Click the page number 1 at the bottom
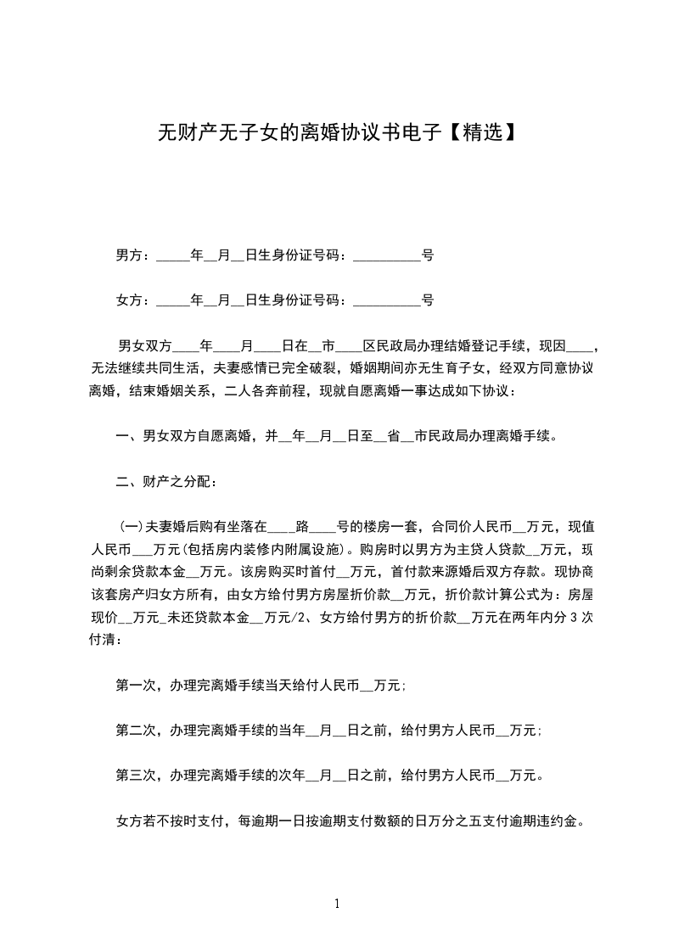click(x=337, y=904)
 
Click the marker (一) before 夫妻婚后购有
click(x=132, y=525)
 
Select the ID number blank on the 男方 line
click(x=386, y=255)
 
